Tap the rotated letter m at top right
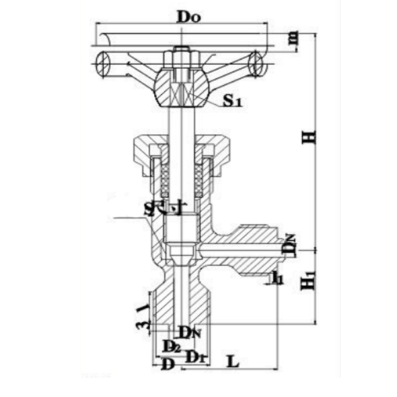[293, 39]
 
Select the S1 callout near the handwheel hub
[232, 101]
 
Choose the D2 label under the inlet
[171, 346]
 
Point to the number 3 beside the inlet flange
[140, 324]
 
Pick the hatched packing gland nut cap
[181, 148]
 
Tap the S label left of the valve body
[150, 210]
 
